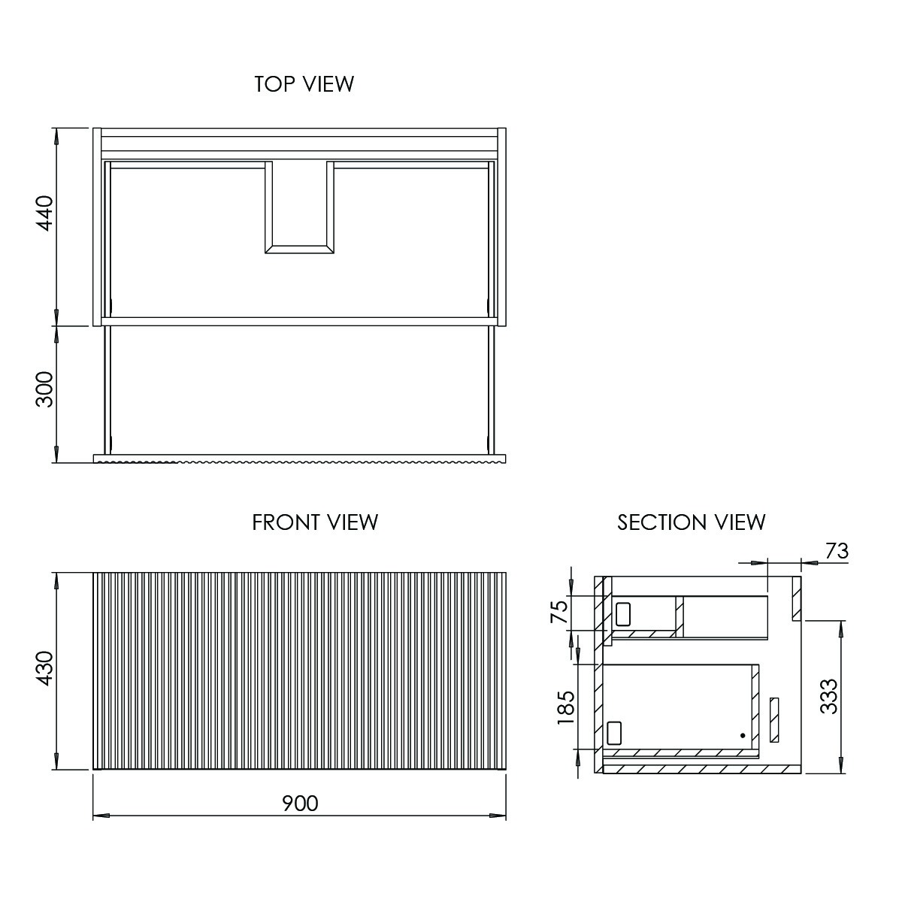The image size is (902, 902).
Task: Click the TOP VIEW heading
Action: click(x=304, y=84)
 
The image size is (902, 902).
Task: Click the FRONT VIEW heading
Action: click(x=315, y=522)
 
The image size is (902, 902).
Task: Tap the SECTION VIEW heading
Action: click(x=692, y=522)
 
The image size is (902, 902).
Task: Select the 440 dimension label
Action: click(x=45, y=213)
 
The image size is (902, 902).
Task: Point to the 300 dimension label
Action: click(x=45, y=389)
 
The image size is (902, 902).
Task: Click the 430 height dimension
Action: click(x=45, y=668)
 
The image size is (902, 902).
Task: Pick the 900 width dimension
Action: click(x=300, y=804)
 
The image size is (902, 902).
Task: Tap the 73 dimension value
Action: click(x=837, y=552)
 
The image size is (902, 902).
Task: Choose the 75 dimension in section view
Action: click(x=559, y=612)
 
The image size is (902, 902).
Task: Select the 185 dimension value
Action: click(x=566, y=707)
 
